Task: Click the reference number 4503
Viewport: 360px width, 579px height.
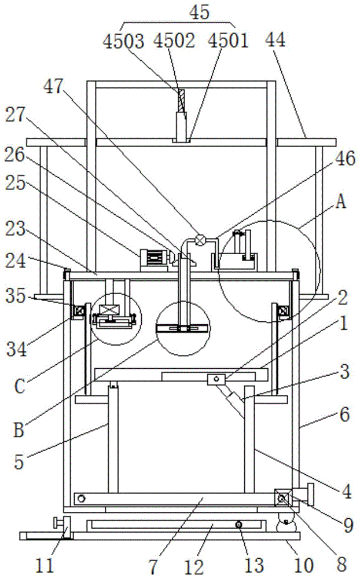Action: pyautogui.click(x=123, y=41)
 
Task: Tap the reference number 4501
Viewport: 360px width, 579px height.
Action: pyautogui.click(x=229, y=41)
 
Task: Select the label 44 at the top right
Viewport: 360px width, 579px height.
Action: pyautogui.click(x=275, y=39)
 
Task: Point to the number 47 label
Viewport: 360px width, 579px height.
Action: pyautogui.click(x=54, y=87)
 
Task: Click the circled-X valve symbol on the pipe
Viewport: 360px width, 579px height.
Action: pyautogui.click(x=200, y=240)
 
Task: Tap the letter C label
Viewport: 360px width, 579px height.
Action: pyautogui.click(x=20, y=386)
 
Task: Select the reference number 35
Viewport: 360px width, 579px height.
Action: pyautogui.click(x=15, y=296)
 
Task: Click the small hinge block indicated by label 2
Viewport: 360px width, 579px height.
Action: pyautogui.click(x=216, y=379)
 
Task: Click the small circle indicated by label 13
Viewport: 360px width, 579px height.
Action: pyautogui.click(x=239, y=525)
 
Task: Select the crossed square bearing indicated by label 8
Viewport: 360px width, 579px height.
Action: pyautogui.click(x=282, y=499)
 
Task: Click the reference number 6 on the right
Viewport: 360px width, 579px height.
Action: pyautogui.click(x=344, y=415)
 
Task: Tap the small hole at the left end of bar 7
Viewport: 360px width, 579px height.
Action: pyautogui.click(x=82, y=499)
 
